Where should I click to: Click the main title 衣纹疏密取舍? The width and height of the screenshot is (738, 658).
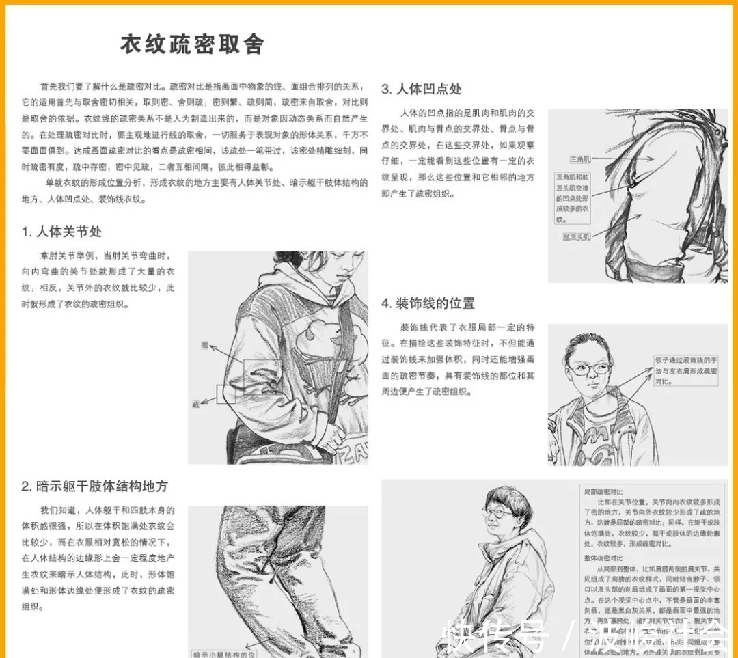[x=192, y=44]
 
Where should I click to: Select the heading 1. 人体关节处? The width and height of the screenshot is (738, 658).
[x=61, y=232]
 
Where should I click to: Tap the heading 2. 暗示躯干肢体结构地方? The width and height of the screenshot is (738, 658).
[x=94, y=486]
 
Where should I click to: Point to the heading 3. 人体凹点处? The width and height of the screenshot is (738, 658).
[x=422, y=89]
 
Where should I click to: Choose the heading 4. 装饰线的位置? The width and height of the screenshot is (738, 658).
[x=428, y=303]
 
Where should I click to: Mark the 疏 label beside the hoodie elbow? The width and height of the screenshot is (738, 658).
[x=195, y=405]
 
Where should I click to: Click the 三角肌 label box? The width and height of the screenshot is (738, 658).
[x=581, y=159]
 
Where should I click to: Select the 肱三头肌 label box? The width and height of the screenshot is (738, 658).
[x=577, y=236]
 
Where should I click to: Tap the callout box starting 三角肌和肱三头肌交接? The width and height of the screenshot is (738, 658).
[x=573, y=198]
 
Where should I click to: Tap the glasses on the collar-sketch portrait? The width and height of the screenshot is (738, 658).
[x=588, y=370]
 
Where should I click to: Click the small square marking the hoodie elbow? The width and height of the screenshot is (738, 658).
[x=226, y=394]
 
